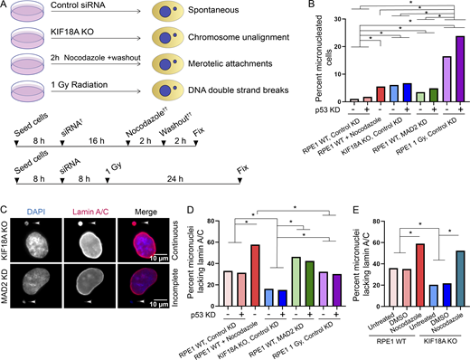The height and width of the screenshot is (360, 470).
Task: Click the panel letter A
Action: coord(5,5)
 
